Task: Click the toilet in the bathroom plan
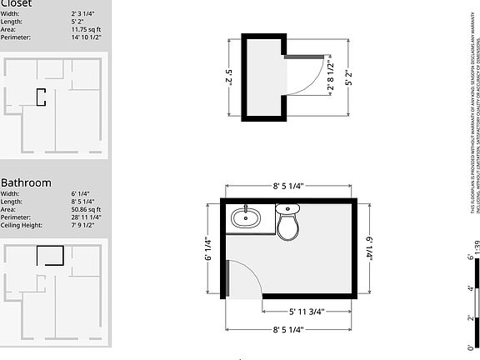tap(287, 224)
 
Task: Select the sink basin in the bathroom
tap(246, 219)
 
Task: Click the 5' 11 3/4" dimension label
tap(306, 312)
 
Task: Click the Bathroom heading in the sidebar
tap(26, 182)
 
